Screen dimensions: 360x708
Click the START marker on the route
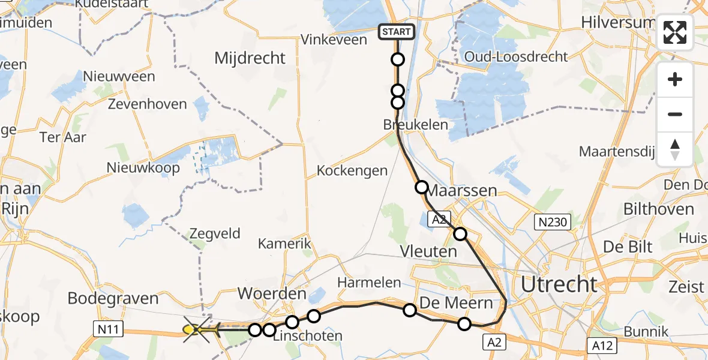(x=396, y=32)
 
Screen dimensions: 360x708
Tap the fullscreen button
(x=675, y=32)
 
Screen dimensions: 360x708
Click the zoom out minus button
(x=675, y=114)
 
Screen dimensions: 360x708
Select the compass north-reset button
(x=675, y=149)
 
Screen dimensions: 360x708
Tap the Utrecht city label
(x=559, y=284)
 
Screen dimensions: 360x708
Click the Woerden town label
(x=272, y=295)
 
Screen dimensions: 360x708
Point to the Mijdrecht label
(x=250, y=58)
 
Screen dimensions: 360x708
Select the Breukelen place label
(x=416, y=125)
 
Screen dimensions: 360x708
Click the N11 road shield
(x=107, y=328)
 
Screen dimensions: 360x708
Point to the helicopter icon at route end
(x=199, y=330)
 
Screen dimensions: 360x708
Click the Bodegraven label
(x=113, y=298)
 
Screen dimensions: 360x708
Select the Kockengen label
(x=352, y=170)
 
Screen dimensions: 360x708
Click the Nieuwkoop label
(x=143, y=167)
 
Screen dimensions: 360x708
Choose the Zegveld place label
(x=215, y=234)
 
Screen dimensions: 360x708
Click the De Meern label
(x=456, y=302)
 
